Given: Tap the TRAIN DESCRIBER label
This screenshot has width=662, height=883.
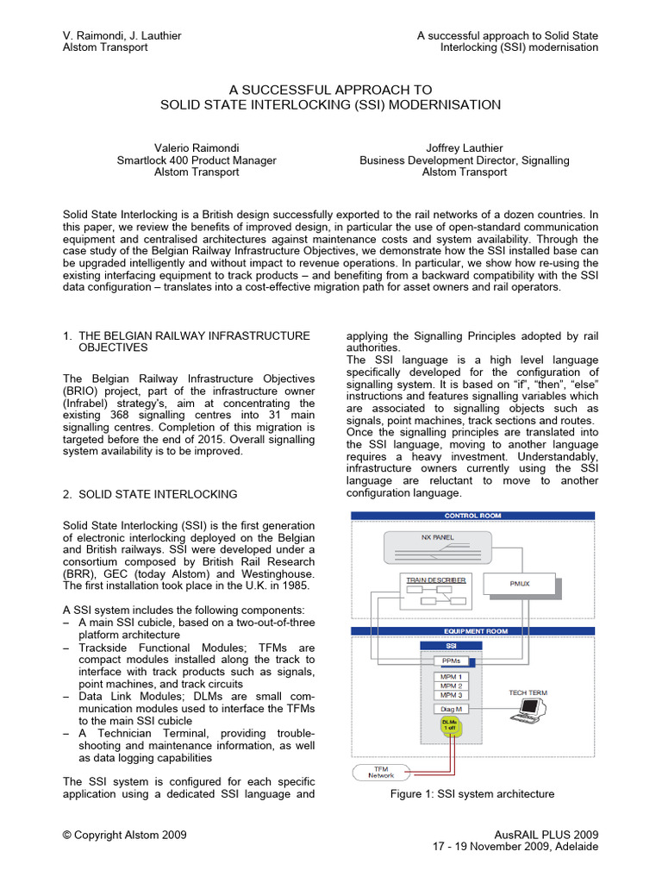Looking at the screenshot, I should pyautogui.click(x=436, y=580).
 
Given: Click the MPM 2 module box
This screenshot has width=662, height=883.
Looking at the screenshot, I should pyautogui.click(x=450, y=686).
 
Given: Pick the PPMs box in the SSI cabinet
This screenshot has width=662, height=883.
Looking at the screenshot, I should pyautogui.click(x=450, y=661).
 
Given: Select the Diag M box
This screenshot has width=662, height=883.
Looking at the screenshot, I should pyautogui.click(x=450, y=709).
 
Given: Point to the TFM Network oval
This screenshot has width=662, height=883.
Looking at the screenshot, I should pyautogui.click(x=380, y=772).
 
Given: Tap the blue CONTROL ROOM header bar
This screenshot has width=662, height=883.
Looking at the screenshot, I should pyautogui.click(x=472, y=516).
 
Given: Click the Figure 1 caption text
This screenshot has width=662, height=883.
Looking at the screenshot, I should pyautogui.click(x=472, y=794).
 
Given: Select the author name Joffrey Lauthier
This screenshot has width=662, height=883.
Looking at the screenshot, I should pyautogui.click(x=464, y=147).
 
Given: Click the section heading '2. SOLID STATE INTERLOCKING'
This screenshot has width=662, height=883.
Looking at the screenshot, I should pyautogui.click(x=150, y=494).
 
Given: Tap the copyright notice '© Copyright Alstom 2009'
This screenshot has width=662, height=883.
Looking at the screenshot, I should pyautogui.click(x=125, y=835).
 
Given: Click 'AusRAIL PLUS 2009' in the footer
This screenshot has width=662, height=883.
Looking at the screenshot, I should pyautogui.click(x=546, y=835).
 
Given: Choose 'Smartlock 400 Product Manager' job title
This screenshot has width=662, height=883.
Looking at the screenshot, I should pyautogui.click(x=197, y=160).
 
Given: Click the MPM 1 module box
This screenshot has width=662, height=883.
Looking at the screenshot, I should pyautogui.click(x=450, y=677).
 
